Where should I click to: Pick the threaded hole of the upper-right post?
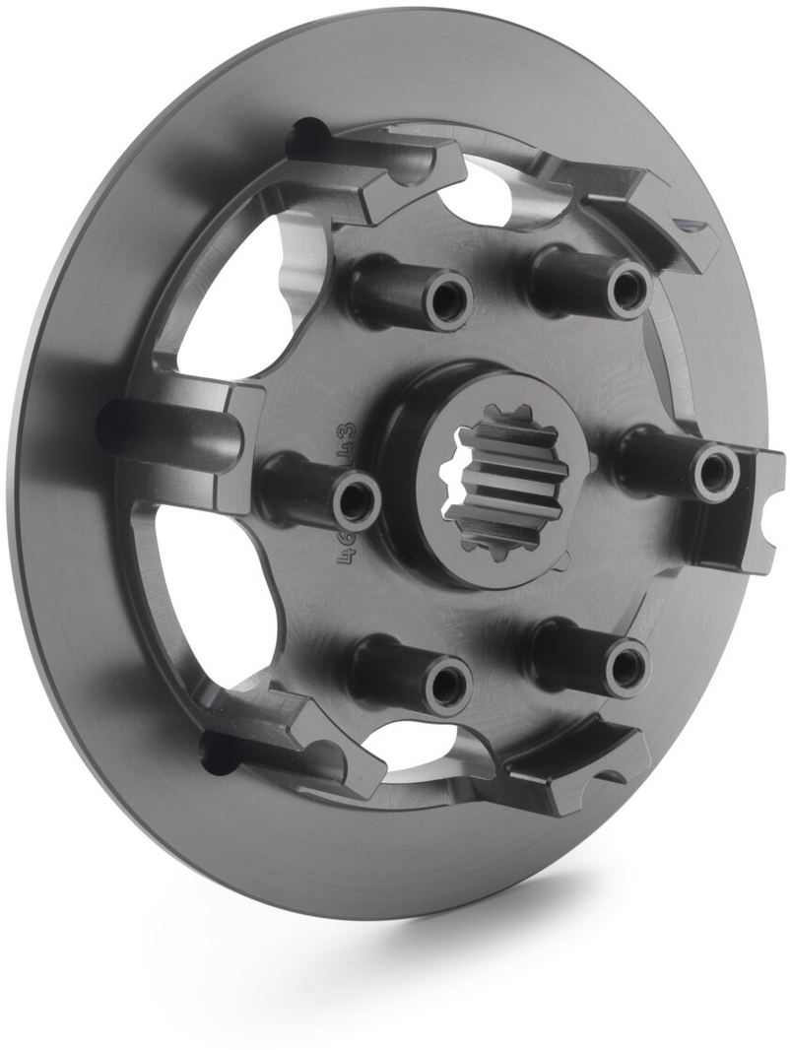coord(626,289)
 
